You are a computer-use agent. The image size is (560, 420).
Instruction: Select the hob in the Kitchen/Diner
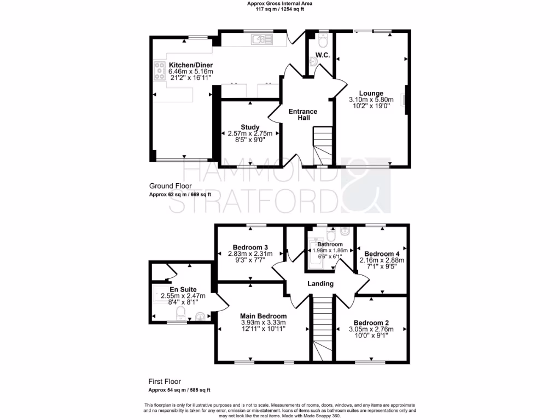[160, 71]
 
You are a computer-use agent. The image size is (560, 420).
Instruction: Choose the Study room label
[250, 127]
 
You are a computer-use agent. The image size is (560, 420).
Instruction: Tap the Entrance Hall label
[303, 115]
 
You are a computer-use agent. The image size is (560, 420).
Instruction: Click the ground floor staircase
[323, 145]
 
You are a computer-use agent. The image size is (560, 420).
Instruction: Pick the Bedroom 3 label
[250, 246]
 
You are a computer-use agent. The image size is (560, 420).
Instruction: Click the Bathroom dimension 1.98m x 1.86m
[330, 250]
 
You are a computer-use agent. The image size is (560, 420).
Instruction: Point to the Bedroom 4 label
[382, 254]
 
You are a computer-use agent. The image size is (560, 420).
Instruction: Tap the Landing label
[320, 283]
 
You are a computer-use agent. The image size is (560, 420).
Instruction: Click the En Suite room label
[183, 289]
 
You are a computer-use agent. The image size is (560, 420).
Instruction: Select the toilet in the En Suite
[180, 313]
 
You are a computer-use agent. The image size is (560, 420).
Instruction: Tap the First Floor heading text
[165, 382]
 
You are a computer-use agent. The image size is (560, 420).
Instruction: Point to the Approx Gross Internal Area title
[279, 3]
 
